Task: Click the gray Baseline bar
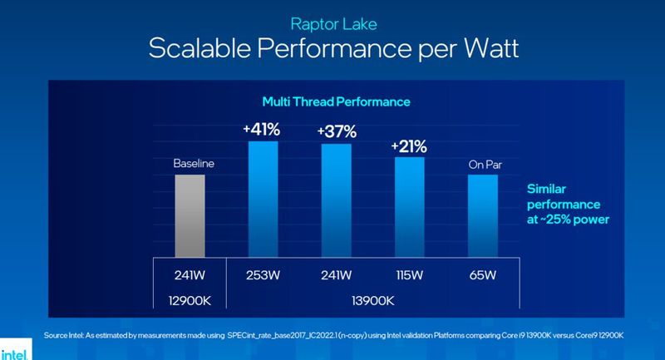[194, 215]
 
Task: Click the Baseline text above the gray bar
[194, 164]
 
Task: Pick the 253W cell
[264, 273]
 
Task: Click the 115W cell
[408, 273]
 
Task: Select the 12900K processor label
[194, 298]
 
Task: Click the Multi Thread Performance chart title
[337, 101]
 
